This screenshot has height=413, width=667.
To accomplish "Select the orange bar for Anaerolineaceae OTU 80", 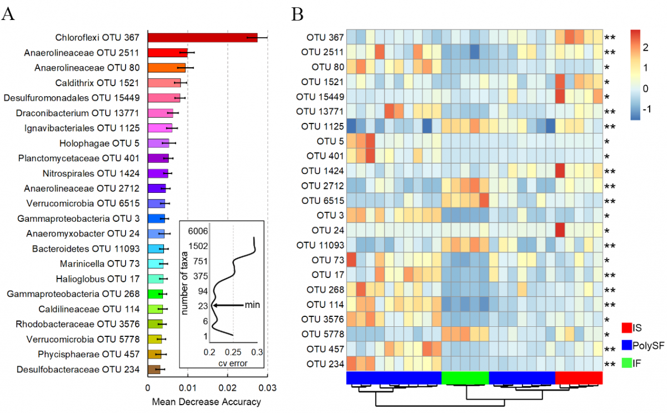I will coord(166,68).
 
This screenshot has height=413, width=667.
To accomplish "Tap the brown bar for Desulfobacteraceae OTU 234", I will coord(153,369).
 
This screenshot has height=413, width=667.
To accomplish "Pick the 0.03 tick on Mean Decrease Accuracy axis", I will coord(267,387).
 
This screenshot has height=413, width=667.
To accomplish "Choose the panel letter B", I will coord(298,14).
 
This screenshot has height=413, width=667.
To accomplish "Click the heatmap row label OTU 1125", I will coord(322,127).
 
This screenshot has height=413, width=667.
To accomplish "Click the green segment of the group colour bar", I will coord(465,377).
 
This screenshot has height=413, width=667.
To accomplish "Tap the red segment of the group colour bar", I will coord(579,377).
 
